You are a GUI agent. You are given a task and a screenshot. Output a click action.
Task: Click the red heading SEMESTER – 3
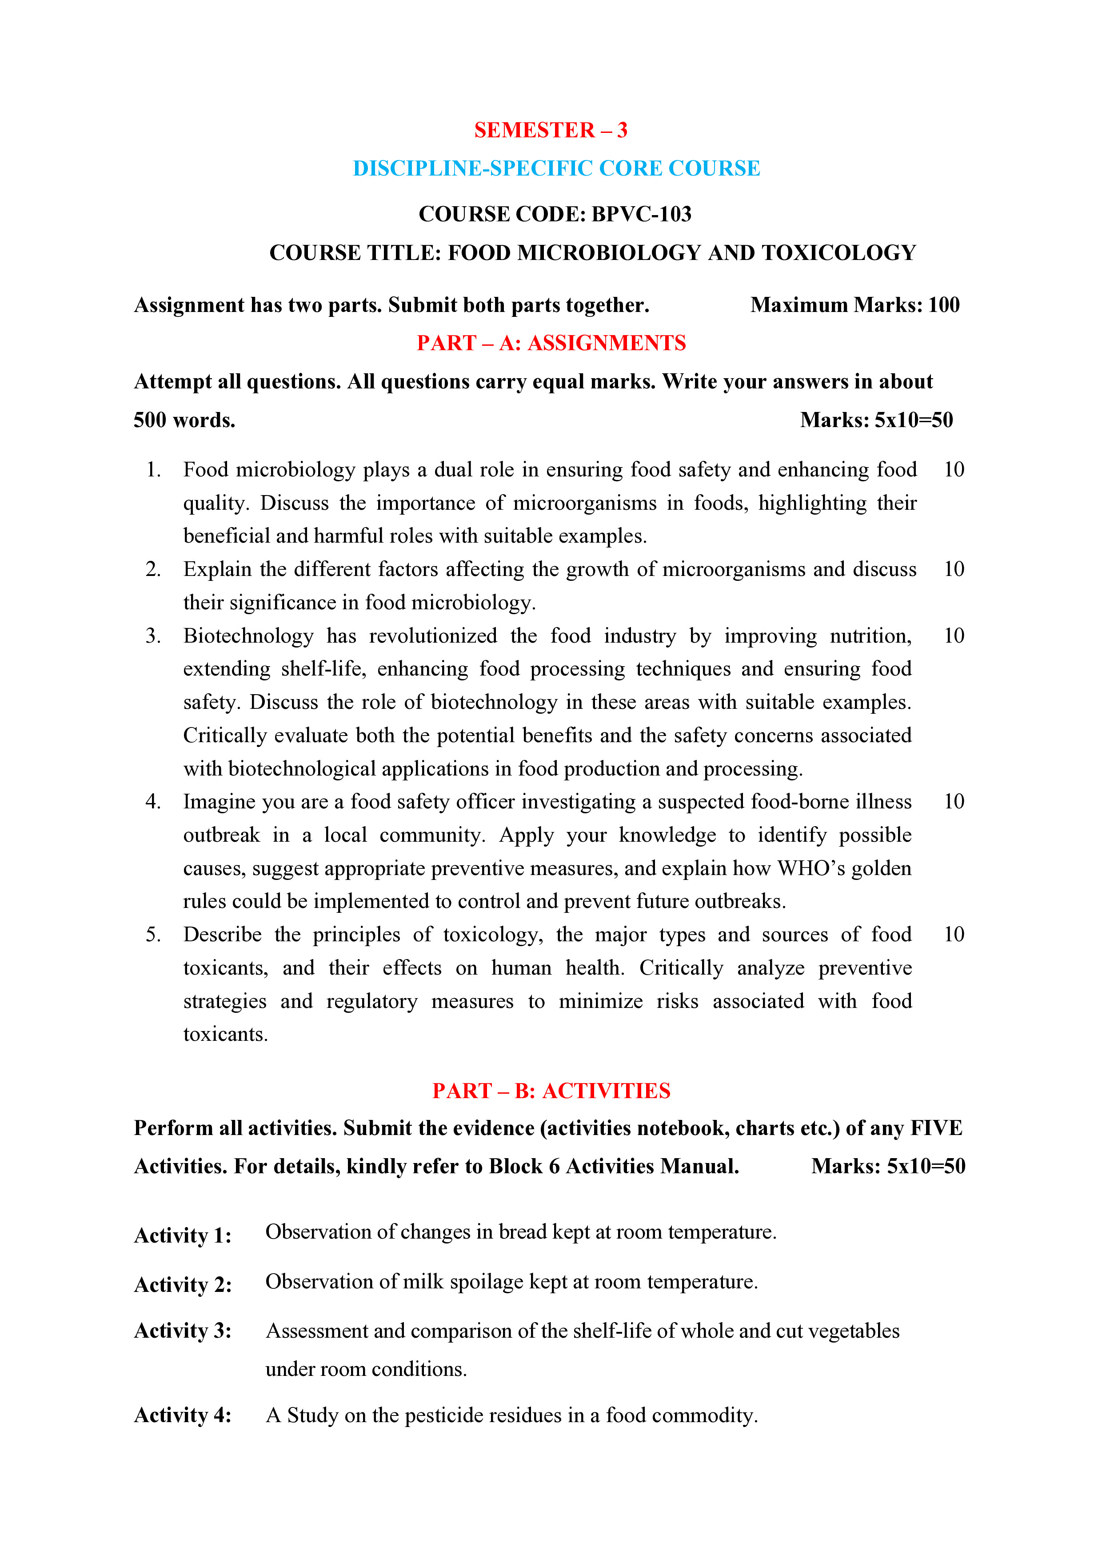click(551, 130)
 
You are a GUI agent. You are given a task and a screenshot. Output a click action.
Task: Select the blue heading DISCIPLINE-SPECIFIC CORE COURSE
click(556, 168)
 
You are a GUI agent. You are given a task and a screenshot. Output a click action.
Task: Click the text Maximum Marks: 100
click(855, 305)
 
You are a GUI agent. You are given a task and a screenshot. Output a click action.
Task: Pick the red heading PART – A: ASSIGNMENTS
click(551, 343)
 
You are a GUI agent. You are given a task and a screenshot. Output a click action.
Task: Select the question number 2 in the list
click(153, 569)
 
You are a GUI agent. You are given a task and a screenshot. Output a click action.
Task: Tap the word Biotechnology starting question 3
click(248, 636)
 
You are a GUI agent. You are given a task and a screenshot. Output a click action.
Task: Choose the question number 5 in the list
click(153, 934)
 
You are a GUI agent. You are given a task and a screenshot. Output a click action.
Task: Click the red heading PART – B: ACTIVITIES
click(551, 1091)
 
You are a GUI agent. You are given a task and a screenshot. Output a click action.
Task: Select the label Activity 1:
click(183, 1235)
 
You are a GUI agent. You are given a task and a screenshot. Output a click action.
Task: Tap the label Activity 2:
click(183, 1285)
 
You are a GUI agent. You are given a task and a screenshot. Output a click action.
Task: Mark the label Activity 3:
click(183, 1331)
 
